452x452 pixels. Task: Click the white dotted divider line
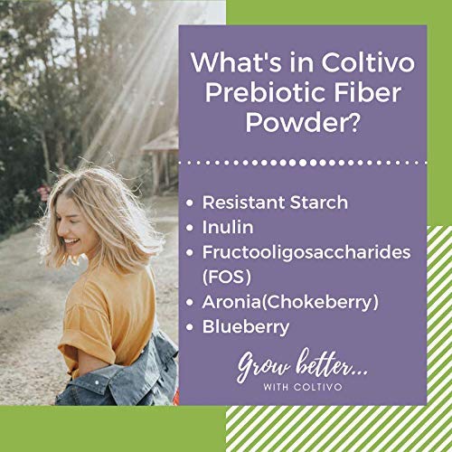pyautogui.click(x=302, y=163)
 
